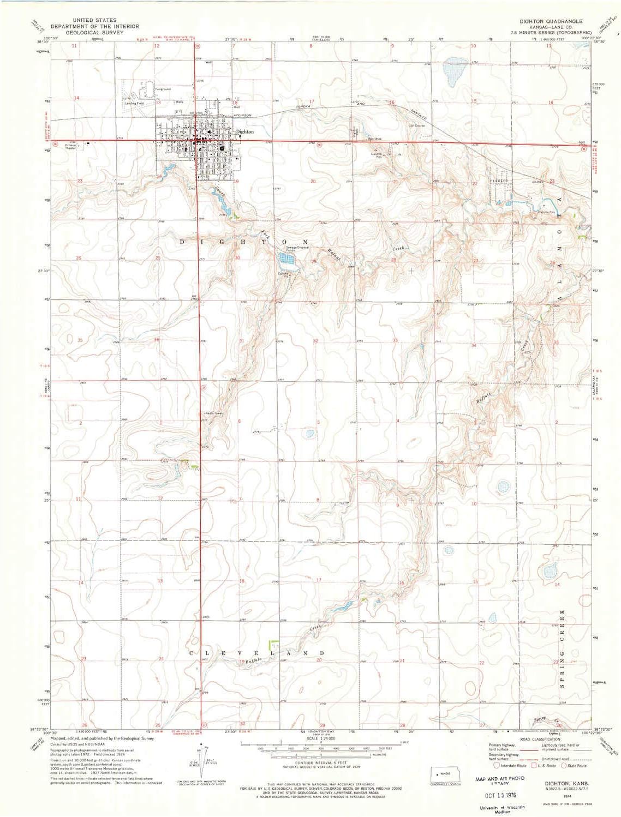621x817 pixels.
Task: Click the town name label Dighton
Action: (245, 131)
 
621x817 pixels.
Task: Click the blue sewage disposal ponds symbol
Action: (289, 262)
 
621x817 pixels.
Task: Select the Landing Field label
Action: (134, 103)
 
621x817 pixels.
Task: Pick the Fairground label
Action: (163, 89)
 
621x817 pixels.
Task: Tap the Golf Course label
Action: (417, 125)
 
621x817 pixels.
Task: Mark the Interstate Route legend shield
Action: (497, 765)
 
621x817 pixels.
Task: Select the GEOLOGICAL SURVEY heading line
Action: (87, 33)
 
